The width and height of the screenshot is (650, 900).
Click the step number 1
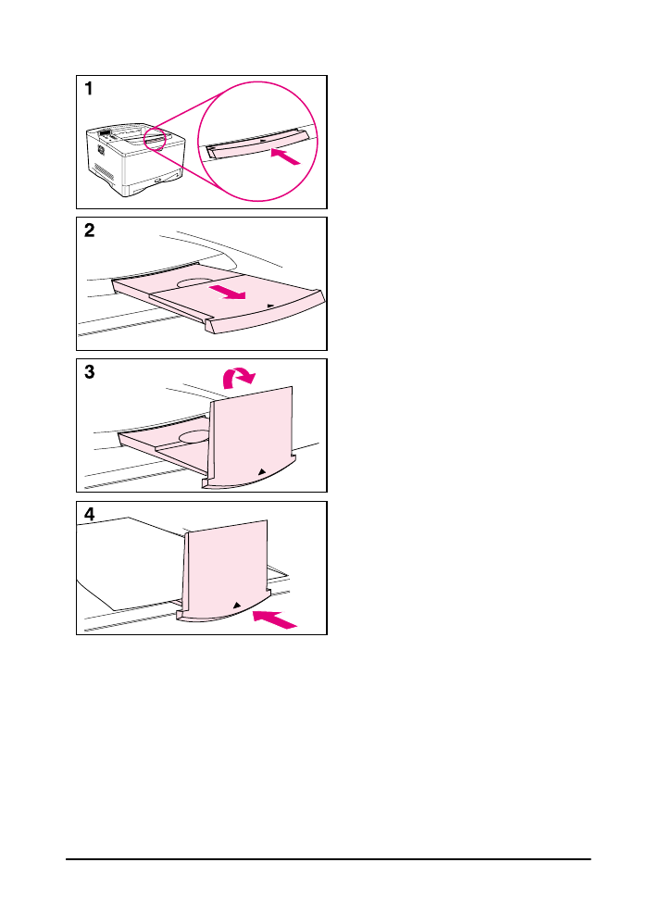89,90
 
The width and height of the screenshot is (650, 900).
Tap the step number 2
90,231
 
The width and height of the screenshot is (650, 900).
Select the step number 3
90,373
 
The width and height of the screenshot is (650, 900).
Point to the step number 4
90,515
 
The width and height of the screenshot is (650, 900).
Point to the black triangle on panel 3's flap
262,470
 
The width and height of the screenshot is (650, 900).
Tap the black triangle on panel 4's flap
237,604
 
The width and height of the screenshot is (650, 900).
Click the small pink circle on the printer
154,138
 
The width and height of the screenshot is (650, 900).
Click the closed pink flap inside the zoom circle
255,143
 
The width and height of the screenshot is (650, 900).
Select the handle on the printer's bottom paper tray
163,179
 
